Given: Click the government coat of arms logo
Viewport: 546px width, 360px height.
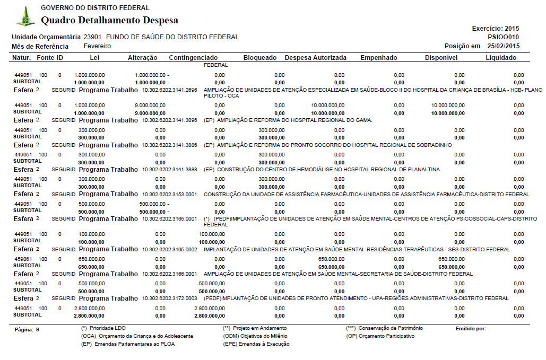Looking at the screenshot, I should coord(25,17).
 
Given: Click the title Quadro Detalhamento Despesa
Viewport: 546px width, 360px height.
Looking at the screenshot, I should coord(109,21).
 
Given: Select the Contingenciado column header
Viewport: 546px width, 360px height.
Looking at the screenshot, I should coord(193,57).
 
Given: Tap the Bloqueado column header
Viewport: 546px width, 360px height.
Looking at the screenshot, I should coord(259,57).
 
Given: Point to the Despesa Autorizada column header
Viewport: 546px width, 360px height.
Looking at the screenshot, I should coord(316,57).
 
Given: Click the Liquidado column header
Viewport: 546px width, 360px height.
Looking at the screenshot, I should coord(501,57).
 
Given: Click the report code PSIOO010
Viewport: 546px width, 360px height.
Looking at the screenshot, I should coord(503,37).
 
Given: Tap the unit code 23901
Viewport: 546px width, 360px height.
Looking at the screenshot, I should coord(93,37).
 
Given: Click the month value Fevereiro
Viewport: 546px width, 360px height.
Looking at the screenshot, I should coord(98,46).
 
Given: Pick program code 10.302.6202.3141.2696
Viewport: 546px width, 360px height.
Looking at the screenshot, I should coord(170,90).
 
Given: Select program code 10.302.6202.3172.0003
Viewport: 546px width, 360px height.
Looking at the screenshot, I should coord(170,298).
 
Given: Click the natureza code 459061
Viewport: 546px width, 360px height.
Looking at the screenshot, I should coord(24,259).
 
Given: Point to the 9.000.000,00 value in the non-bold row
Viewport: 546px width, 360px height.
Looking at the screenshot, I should coord(150,106).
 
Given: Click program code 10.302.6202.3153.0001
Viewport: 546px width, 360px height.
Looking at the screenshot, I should coord(170,195).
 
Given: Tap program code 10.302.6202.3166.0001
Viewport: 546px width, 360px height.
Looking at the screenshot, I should coord(170,274).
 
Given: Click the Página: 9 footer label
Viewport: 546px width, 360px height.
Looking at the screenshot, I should coord(27,330).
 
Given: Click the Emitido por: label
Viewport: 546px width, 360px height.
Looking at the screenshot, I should coord(471,329).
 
